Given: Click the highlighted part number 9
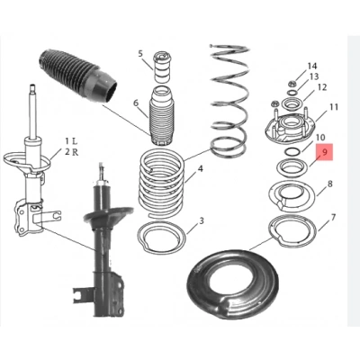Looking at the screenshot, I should [x=325, y=155].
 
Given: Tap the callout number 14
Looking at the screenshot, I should [x=312, y=67].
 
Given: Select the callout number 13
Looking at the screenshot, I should [x=314, y=77].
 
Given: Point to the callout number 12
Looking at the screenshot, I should [x=321, y=88].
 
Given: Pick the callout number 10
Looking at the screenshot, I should [x=320, y=138].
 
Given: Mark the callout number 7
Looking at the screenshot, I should [x=333, y=218].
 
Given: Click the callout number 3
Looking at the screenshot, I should [x=202, y=221].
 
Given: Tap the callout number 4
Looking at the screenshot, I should [x=200, y=168].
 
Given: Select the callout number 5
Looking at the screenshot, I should [x=140, y=55].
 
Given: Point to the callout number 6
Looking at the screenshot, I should [x=137, y=104].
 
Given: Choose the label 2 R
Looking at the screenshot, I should [x=71, y=154].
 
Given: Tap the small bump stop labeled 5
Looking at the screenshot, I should [x=164, y=67].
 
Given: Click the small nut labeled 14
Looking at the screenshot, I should [x=294, y=71].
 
